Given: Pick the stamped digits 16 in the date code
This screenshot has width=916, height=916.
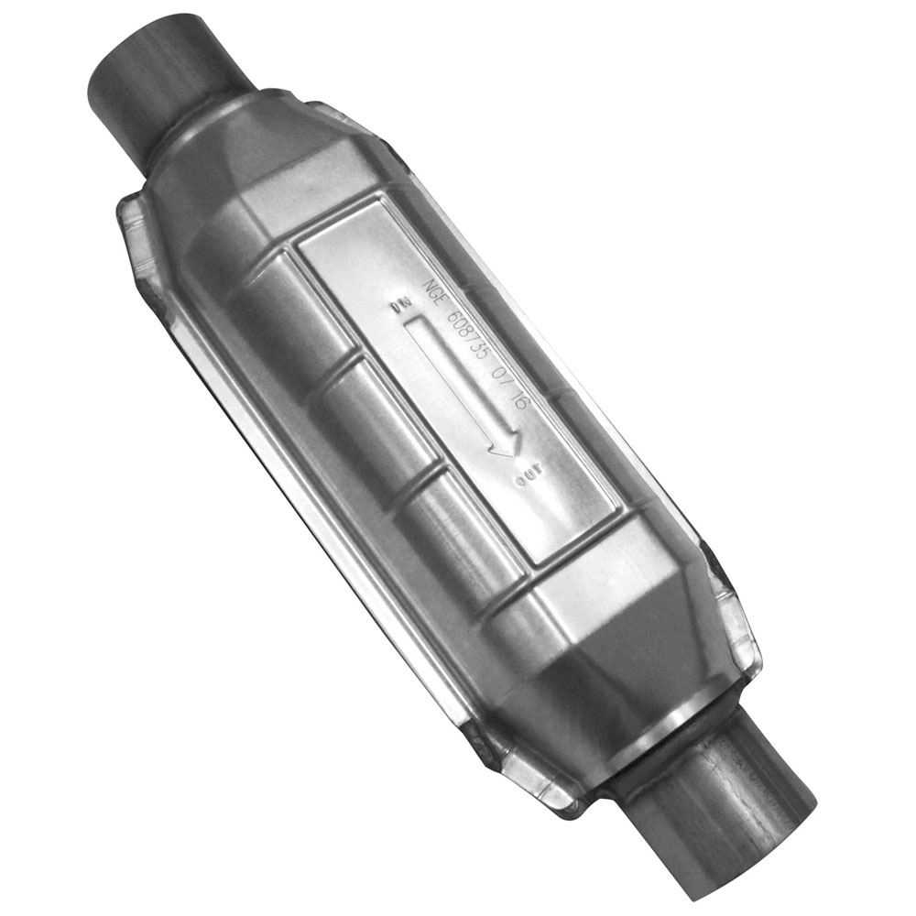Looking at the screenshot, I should [x=519, y=401].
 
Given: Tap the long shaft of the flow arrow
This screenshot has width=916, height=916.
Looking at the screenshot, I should [x=453, y=380].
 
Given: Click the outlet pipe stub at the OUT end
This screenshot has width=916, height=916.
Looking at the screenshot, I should [x=724, y=815].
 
